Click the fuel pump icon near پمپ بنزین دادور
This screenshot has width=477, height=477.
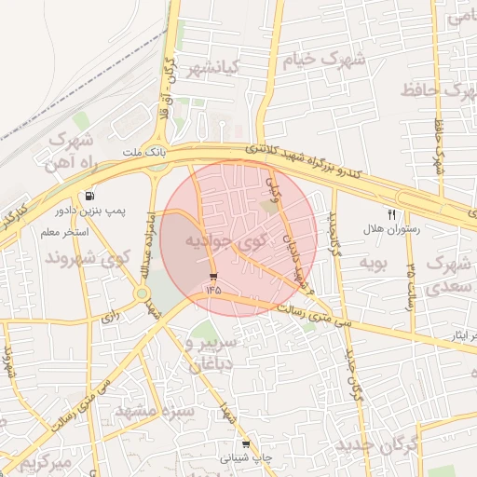pyautogui.click(x=89, y=197)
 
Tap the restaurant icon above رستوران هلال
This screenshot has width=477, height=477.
pyautogui.click(x=391, y=213)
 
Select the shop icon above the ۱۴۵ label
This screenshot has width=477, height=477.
pyautogui.click(x=214, y=277)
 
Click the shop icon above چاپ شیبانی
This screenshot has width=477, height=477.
pyautogui.click(x=246, y=444)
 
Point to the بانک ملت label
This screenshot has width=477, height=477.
pyautogui.click(x=144, y=151)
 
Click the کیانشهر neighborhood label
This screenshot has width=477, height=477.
pyautogui.click(x=211, y=67)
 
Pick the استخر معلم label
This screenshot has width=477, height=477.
pyautogui.click(x=63, y=231)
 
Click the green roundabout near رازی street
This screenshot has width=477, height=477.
pyautogui.click(x=142, y=294)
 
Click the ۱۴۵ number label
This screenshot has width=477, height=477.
pyautogui.click(x=214, y=290)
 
